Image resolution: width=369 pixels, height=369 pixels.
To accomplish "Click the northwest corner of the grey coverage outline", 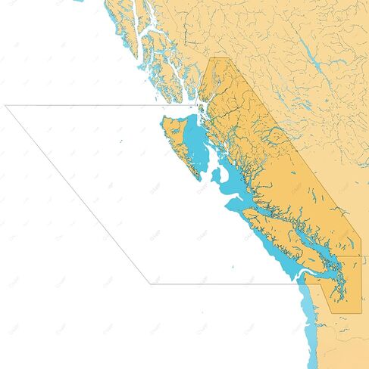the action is coord(6,106).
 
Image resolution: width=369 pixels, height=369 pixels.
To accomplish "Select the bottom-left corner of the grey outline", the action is coord(150,284).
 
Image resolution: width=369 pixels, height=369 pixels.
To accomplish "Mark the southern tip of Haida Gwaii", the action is coord(199,179).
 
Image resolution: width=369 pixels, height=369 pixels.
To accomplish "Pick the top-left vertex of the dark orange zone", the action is coord(210,58).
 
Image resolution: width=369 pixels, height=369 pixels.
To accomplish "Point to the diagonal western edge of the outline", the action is coord(76,193).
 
